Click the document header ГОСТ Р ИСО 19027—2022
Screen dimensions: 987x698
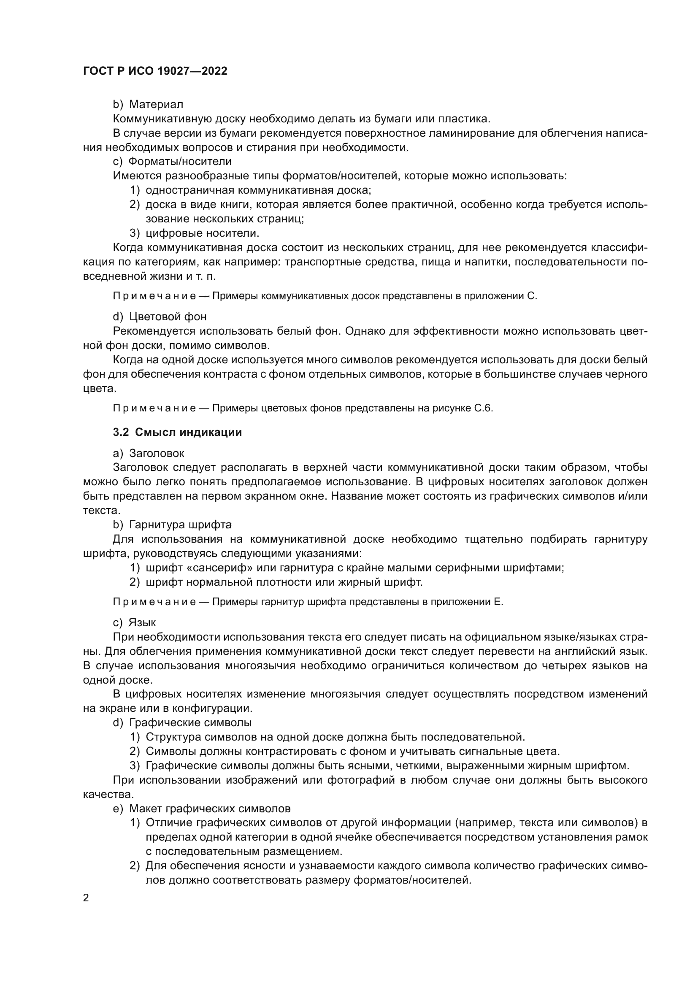tap(155, 71)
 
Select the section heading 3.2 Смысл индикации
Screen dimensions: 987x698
tap(178, 433)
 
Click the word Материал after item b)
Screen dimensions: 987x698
tap(156, 105)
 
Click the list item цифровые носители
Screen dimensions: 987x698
tap(203, 233)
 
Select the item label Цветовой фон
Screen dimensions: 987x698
tap(168, 317)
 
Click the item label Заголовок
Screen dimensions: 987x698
tap(157, 453)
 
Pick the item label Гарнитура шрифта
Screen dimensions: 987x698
tap(181, 525)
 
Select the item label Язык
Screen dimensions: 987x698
tap(142, 622)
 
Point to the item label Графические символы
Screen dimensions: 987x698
tap(190, 722)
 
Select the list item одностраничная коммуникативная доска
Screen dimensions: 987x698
tap(258, 190)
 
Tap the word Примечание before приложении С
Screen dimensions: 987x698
tap(154, 296)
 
